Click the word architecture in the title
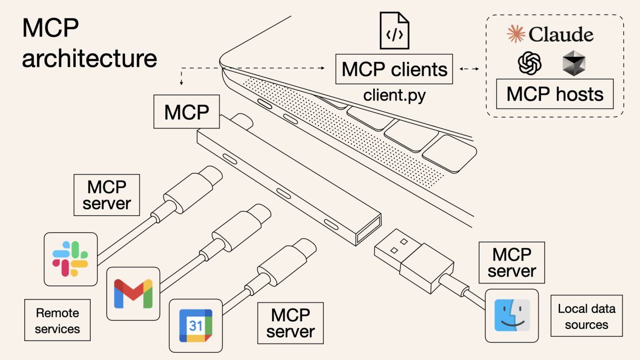coord(90,58)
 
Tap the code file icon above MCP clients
coord(394,31)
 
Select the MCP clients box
coord(394,69)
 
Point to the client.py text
coord(394,95)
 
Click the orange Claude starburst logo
coord(516,34)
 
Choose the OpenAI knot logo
coord(529,63)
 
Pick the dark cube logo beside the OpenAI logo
coord(574,64)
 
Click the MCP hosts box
coord(555,94)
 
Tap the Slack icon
coord(70,259)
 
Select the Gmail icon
coord(133,294)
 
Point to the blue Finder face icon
coord(512,315)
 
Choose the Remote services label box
coord(57,321)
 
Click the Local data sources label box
coord(586,316)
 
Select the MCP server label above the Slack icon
coord(106,195)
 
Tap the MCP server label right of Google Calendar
coord(290,323)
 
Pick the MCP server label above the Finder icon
coord(512,263)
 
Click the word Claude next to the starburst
coord(560,34)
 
